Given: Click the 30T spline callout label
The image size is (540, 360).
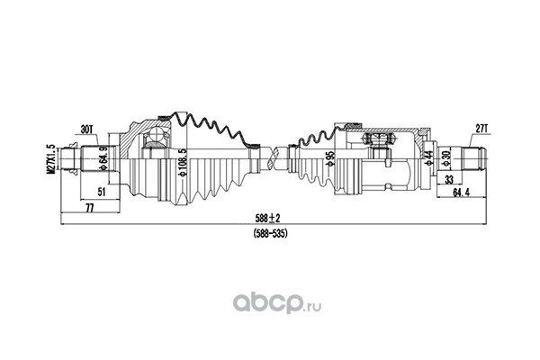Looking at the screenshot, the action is pyautogui.click(x=86, y=130).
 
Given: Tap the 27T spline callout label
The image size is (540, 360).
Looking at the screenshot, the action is pyautogui.click(x=481, y=130).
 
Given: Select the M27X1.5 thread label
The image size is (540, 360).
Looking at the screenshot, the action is pyautogui.click(x=51, y=158).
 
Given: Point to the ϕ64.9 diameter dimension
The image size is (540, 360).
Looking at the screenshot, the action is pyautogui.click(x=102, y=158).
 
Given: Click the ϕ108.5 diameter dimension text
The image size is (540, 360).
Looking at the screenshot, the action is pyautogui.click(x=183, y=163).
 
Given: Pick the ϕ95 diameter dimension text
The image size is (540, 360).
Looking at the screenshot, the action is pyautogui.click(x=331, y=158).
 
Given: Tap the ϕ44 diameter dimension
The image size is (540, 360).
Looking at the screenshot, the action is pyautogui.click(x=428, y=158).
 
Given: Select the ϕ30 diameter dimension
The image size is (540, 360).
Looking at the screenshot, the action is pyautogui.click(x=446, y=158).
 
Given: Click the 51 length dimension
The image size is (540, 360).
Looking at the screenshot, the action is pyautogui.click(x=101, y=192).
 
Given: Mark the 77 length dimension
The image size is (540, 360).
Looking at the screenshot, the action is pyautogui.click(x=89, y=208).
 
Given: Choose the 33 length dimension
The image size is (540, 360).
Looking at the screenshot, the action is pyautogui.click(x=449, y=179).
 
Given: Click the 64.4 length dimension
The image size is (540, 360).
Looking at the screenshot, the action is pyautogui.click(x=462, y=193).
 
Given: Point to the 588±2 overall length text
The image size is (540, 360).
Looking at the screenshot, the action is pyautogui.click(x=268, y=218).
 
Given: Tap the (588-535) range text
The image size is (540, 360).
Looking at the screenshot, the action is pyautogui.click(x=270, y=234).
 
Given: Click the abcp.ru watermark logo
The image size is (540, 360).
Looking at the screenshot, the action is pyautogui.click(x=277, y=303).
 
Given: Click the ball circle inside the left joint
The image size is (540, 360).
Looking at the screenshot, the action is pyautogui.click(x=157, y=134).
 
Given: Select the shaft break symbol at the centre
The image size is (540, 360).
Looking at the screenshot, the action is pyautogui.click(x=276, y=158).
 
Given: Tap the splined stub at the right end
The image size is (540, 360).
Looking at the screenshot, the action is pyautogui.click(x=474, y=158).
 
